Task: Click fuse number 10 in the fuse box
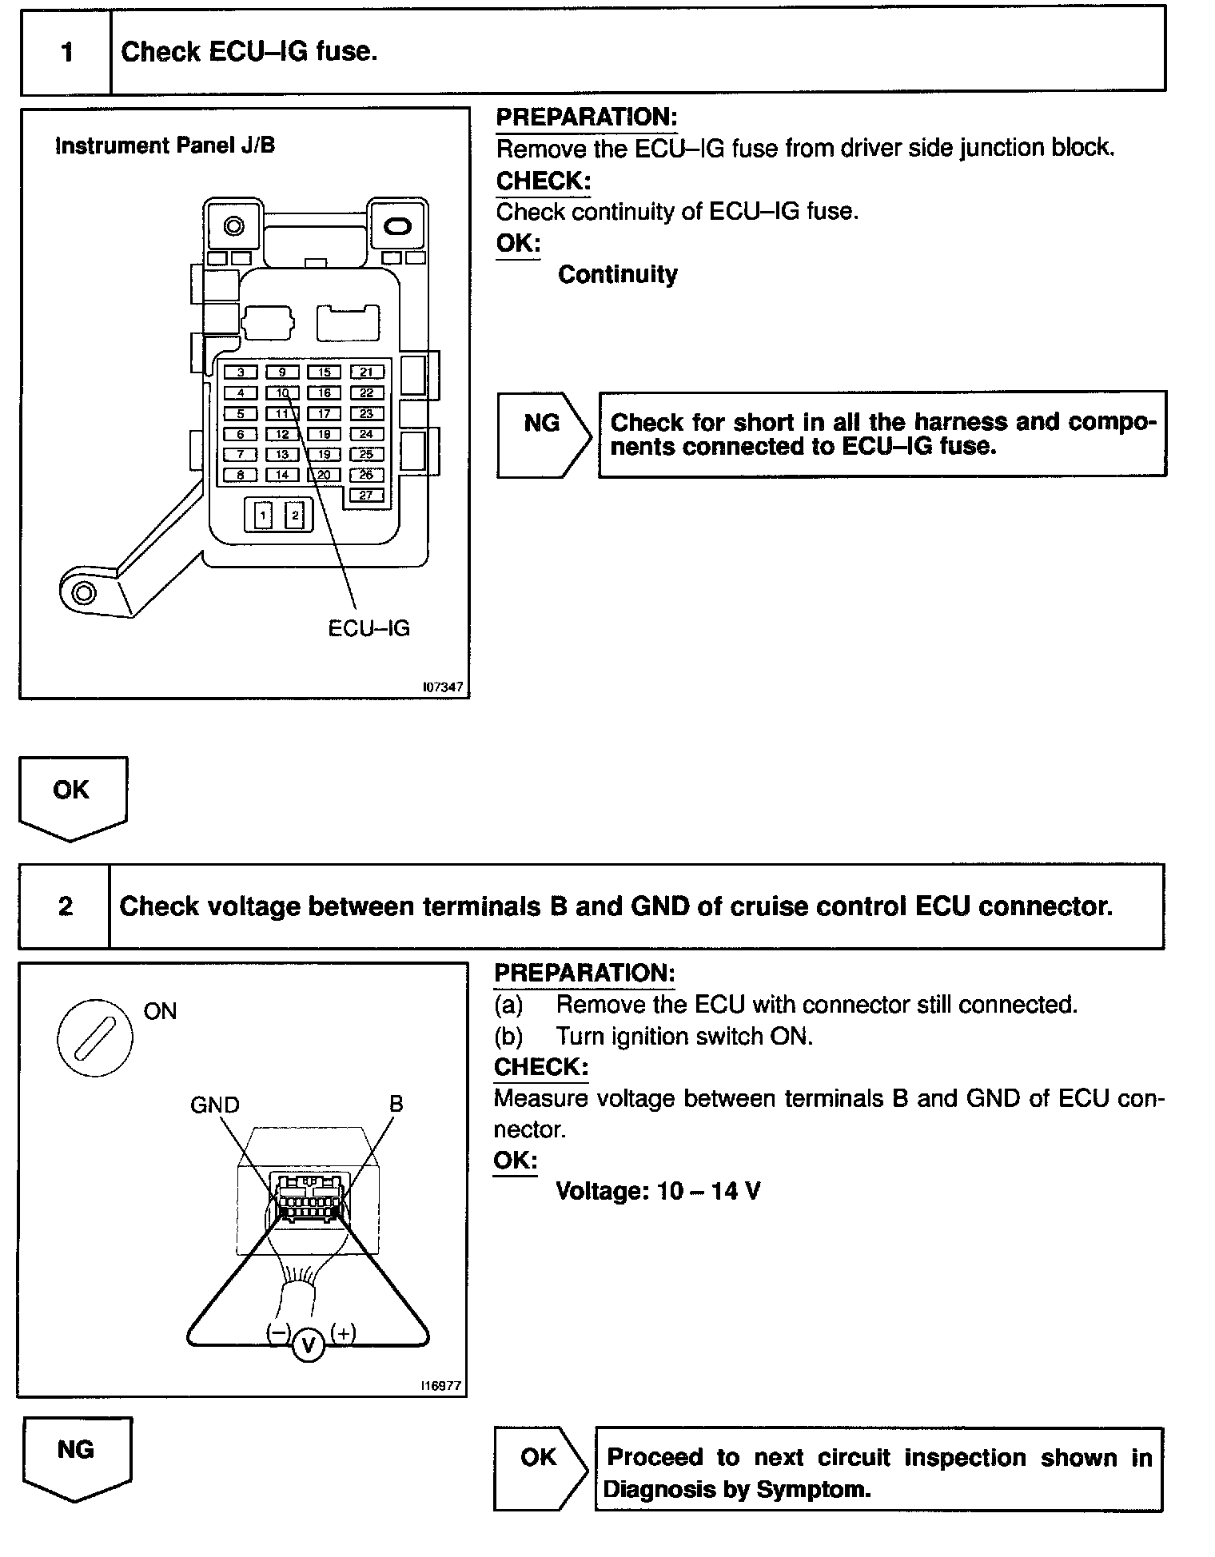tap(282, 392)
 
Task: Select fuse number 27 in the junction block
tap(366, 496)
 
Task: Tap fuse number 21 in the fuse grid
tap(366, 372)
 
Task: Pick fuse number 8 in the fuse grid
tap(241, 475)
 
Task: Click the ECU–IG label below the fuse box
tap(368, 628)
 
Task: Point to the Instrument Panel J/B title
tap(165, 145)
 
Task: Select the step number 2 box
tap(65, 906)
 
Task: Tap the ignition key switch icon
tap(95, 1037)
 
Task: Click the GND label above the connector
tap(214, 1105)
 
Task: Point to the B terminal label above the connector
tap(396, 1104)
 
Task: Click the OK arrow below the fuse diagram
tap(72, 795)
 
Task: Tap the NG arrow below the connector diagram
tap(77, 1456)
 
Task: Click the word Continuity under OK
tap(617, 275)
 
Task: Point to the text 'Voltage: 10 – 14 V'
tap(657, 1191)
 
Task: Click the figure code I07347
tap(443, 687)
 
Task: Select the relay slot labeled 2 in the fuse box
tap(295, 515)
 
